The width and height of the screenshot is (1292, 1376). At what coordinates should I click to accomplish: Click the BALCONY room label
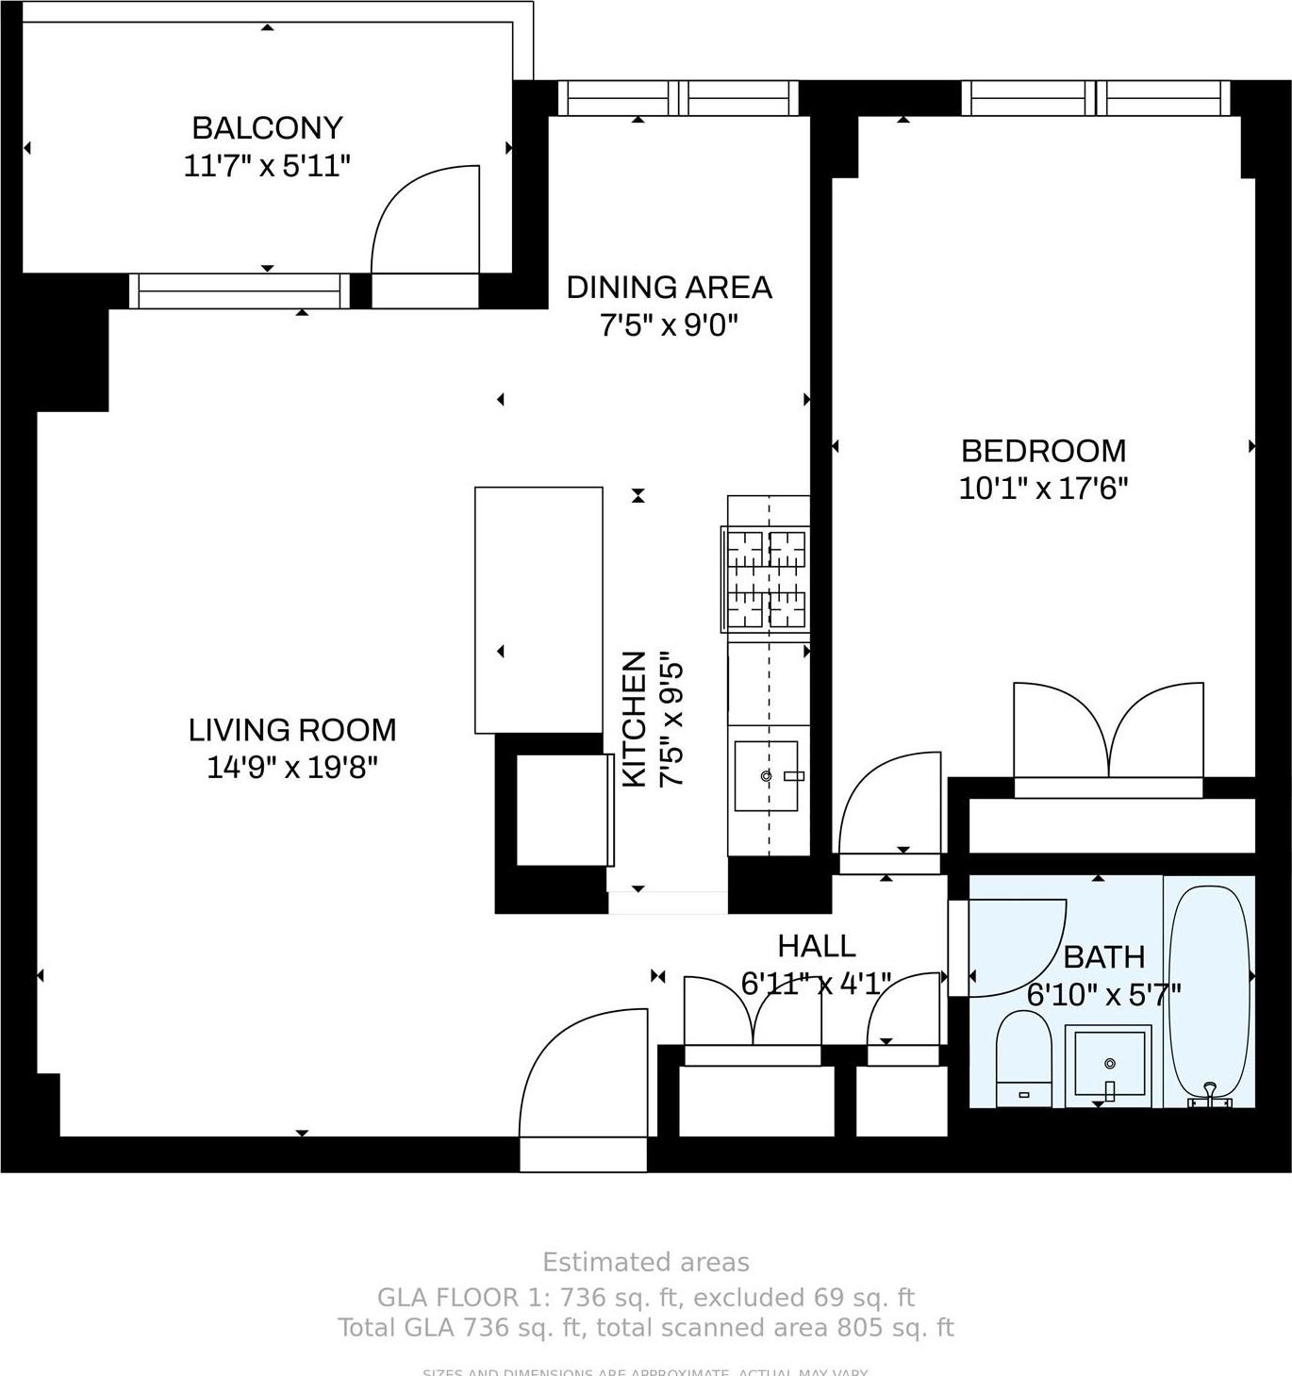coord(267,127)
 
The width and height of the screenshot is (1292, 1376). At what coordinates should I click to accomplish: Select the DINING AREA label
coord(669,287)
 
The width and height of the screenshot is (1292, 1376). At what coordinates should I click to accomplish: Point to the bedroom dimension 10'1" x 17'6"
coord(1043,489)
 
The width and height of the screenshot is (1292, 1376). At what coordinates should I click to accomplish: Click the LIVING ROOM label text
coord(292,729)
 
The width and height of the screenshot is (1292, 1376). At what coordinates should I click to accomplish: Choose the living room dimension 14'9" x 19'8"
coord(292,768)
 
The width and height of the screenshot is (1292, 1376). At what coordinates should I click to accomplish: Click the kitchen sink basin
coord(766,776)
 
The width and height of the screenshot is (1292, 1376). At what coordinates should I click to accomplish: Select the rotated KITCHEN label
coord(635,719)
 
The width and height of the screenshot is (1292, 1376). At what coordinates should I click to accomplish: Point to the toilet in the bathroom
coord(1023,1058)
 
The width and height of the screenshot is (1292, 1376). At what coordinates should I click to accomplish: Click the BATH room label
coord(1103,956)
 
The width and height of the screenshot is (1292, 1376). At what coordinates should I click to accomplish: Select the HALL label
coord(817,945)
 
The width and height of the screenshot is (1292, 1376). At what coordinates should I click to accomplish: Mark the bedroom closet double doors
coord(1108,731)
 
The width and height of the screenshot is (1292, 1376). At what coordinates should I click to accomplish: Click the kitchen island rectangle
coord(538,609)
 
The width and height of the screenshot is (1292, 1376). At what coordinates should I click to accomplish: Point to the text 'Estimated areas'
coord(646,1262)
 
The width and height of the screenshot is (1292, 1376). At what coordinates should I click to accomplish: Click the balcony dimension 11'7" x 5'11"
coord(267,166)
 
